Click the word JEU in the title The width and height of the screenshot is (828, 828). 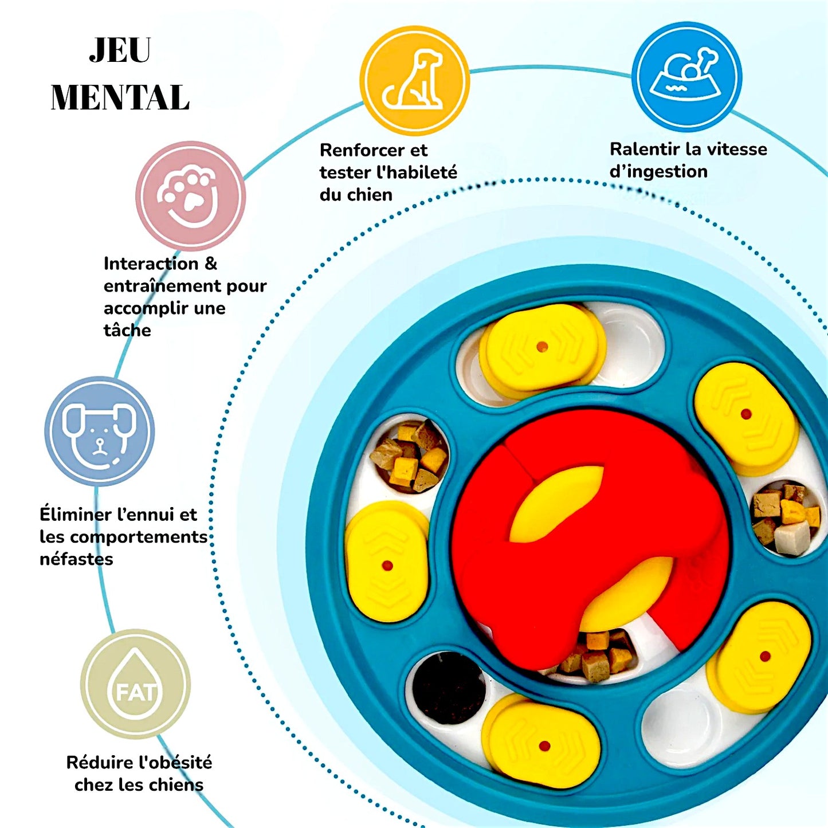point(120,51)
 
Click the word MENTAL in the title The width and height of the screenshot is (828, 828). point(120,97)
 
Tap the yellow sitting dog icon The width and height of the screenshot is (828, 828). point(415,80)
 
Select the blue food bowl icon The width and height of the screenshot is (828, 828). point(686,77)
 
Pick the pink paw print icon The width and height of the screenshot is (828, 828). point(190,196)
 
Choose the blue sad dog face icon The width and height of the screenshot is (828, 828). point(100,431)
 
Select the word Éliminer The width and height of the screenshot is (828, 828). point(75,515)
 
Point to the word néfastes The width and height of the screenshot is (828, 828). point(76,559)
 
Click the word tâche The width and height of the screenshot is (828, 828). point(127,330)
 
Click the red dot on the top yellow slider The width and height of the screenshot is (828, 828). point(542,347)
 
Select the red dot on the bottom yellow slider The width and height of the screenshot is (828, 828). point(544,746)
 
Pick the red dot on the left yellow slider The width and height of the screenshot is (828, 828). point(387,566)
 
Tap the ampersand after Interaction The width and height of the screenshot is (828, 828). point(210,264)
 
